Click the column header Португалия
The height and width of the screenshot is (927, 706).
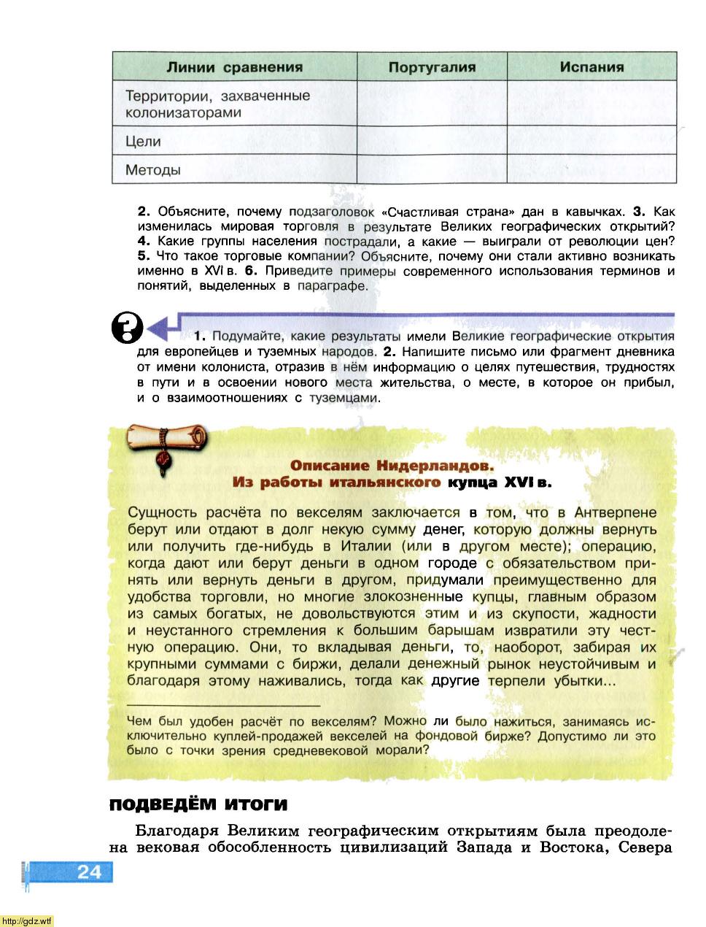(x=432, y=67)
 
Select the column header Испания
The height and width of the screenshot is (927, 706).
(x=591, y=66)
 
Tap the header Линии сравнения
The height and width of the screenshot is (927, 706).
(x=234, y=67)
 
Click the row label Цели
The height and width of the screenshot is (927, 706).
(x=143, y=142)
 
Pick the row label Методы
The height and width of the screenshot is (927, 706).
(x=152, y=170)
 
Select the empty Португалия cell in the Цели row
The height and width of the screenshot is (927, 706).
(x=432, y=141)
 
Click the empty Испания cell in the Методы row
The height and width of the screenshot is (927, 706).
(x=591, y=169)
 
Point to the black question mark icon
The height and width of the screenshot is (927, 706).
(x=127, y=328)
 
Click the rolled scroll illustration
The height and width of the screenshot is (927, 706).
(x=167, y=441)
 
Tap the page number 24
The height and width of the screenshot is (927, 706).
(x=89, y=872)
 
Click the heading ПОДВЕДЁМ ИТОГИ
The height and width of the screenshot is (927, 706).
(x=198, y=805)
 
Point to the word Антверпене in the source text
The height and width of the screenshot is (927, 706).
(x=616, y=512)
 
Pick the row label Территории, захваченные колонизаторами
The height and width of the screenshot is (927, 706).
(x=217, y=104)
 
